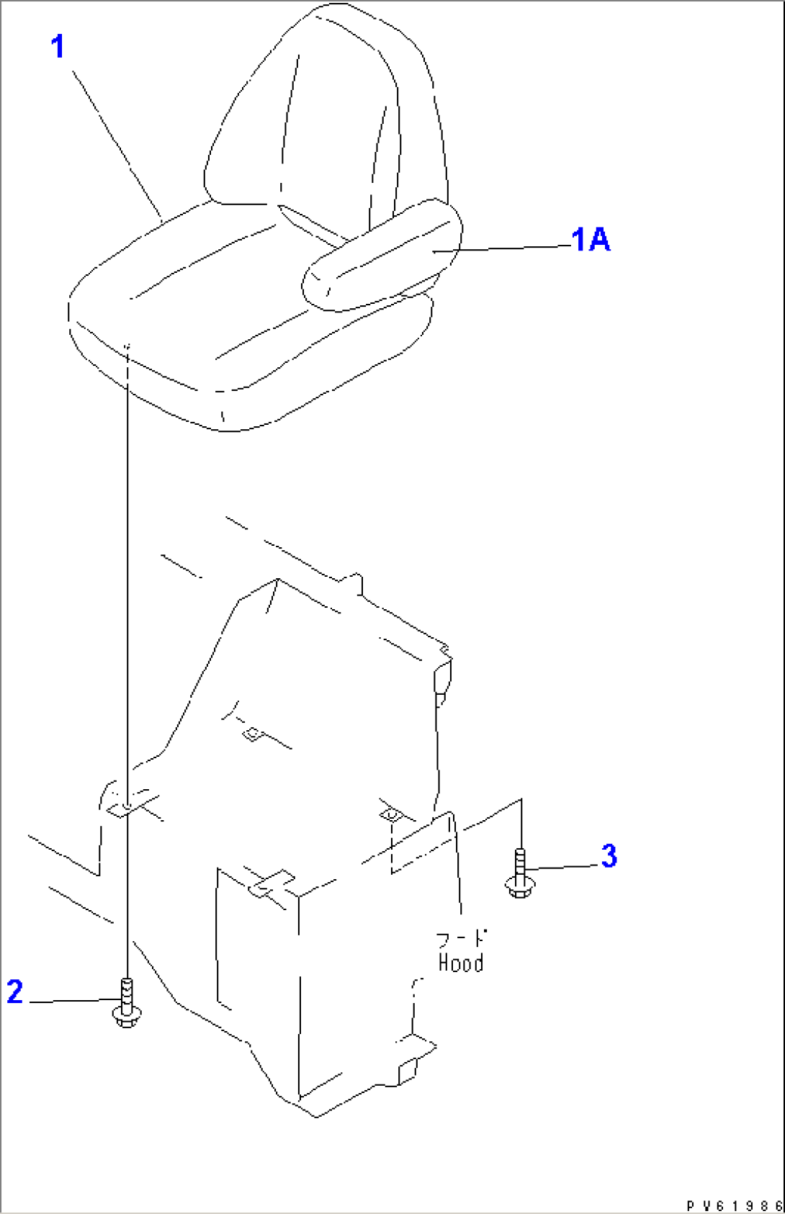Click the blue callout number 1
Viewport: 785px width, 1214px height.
click(58, 46)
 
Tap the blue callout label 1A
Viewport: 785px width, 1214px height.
click(591, 240)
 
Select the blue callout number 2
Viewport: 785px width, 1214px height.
click(14, 992)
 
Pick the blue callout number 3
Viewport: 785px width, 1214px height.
click(609, 856)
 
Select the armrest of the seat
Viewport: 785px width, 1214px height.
click(382, 255)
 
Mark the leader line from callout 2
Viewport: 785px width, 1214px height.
click(74, 1000)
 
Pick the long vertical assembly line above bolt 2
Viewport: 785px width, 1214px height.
click(127, 661)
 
